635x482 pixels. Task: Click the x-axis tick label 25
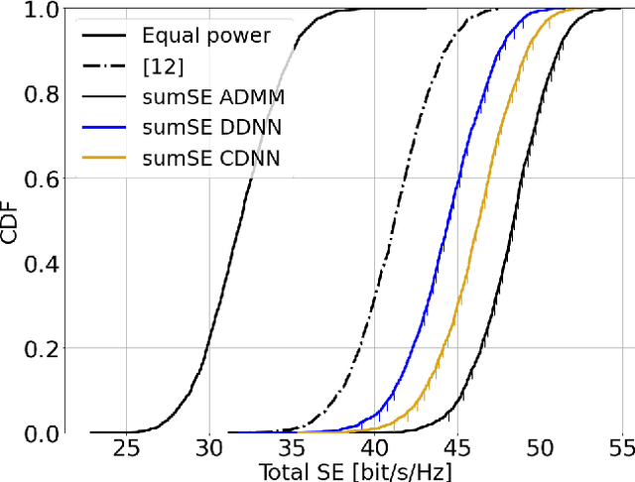point(126,448)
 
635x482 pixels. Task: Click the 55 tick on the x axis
point(620,448)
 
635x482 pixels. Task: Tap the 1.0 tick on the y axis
point(44,10)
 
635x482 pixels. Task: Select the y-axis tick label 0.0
point(44,433)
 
